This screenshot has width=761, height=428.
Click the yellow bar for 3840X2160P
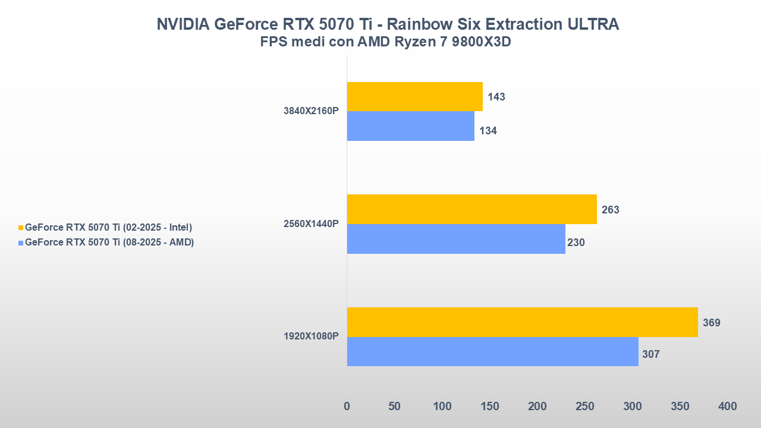pos(414,96)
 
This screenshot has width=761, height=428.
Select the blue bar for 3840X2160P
pos(410,126)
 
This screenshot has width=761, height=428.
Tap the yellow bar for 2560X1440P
pos(471,209)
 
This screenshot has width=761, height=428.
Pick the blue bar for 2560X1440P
pos(456,239)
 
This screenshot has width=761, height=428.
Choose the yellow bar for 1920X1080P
pos(522,322)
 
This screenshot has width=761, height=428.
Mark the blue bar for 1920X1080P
pos(492,351)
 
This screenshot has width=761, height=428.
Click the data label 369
pos(712,323)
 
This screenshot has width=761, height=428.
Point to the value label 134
pos(488,131)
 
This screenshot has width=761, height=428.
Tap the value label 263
pos(611,210)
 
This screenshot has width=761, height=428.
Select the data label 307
pos(651,354)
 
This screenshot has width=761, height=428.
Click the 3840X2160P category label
pos(311,111)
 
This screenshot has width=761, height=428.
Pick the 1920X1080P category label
pos(311,336)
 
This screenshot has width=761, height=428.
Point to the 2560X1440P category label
pos(311,224)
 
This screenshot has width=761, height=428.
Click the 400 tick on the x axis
pos(727,406)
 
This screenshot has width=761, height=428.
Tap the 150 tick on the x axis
pos(490,406)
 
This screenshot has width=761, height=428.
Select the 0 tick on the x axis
pos(347,406)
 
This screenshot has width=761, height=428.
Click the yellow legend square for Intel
pos(21,228)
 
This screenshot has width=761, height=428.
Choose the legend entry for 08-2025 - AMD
pos(109,242)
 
